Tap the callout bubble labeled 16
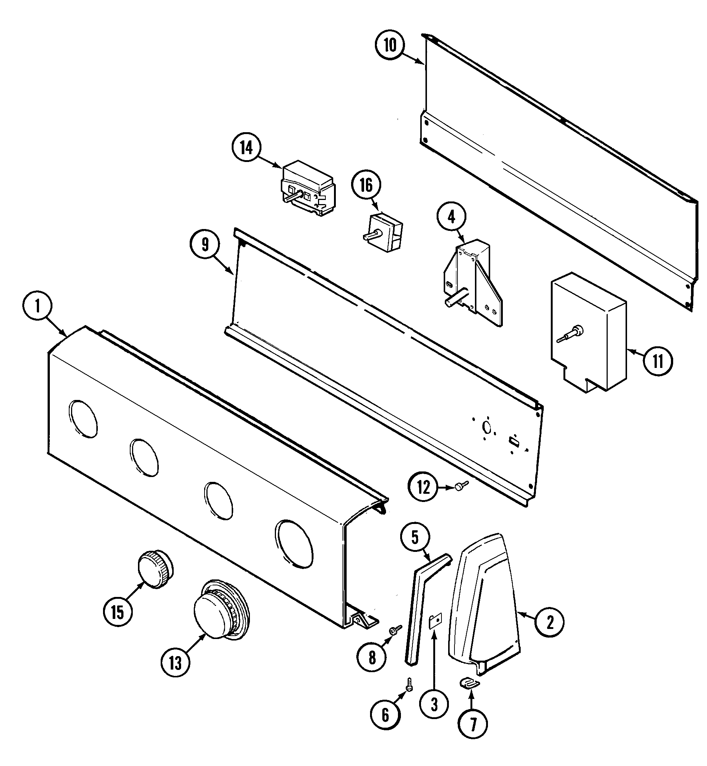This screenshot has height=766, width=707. (x=366, y=185)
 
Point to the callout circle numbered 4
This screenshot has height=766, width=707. (x=451, y=217)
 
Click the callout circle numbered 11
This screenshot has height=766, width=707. (x=658, y=361)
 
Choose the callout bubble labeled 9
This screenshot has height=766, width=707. (x=205, y=245)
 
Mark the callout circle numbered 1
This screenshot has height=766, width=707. (x=38, y=307)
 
